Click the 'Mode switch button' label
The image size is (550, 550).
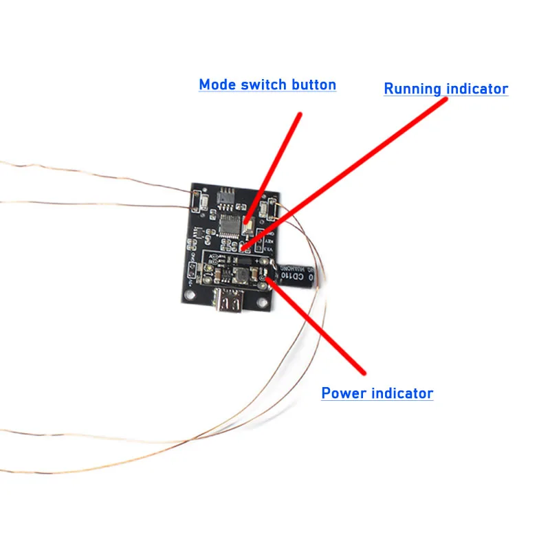[x=267, y=85]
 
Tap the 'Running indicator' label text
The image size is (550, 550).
[x=445, y=89]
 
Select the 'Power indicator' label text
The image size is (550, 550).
[x=377, y=393]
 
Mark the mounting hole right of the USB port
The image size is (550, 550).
[x=261, y=301]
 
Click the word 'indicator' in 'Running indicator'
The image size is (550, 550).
[x=477, y=89]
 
